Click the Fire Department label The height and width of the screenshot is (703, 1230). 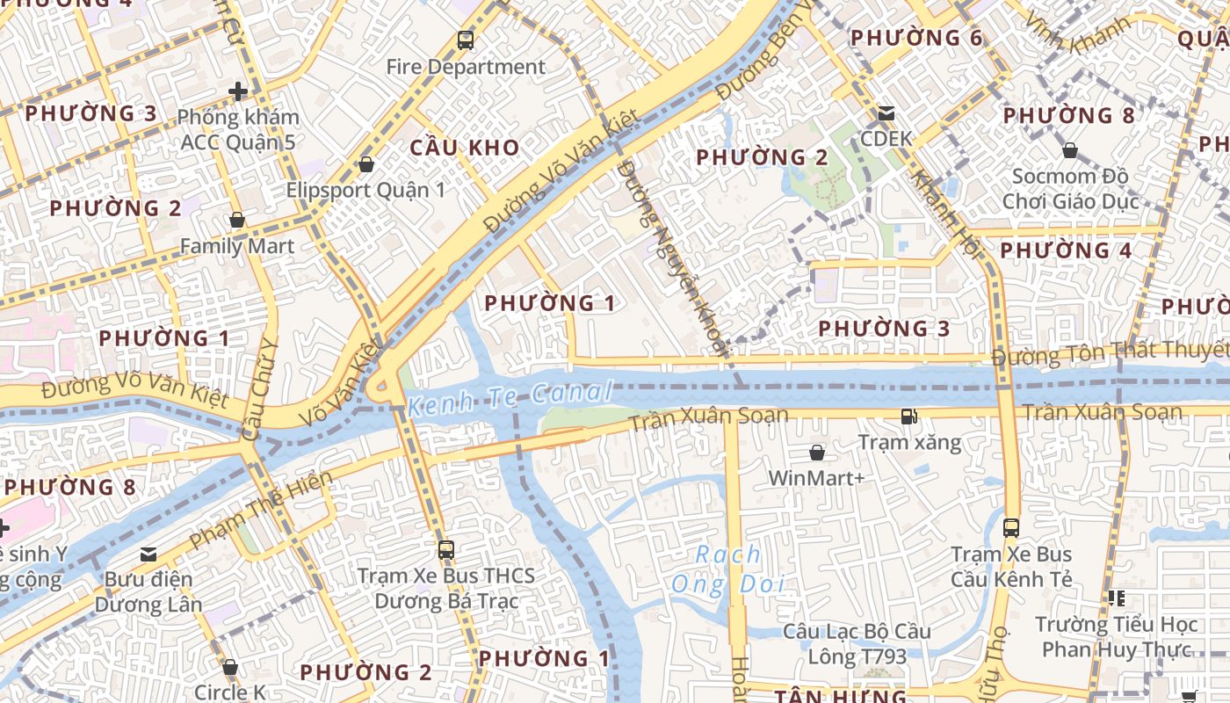466,67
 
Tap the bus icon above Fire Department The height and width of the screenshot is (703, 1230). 466,40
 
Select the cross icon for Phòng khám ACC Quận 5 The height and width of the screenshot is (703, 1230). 238,91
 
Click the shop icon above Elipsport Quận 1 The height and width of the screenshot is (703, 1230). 366,164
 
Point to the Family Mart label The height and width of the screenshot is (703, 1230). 237,246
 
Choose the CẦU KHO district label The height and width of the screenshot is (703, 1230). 465,148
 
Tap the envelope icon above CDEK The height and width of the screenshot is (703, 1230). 886,113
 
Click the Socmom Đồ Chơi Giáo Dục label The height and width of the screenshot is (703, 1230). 1070,189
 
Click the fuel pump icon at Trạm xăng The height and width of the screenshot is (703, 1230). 908,417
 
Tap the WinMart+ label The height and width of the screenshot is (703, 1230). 816,478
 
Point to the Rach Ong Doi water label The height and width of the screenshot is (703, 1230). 727,569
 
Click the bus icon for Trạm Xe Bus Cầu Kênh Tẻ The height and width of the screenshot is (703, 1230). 1011,527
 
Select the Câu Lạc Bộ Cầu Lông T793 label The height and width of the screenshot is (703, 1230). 857,644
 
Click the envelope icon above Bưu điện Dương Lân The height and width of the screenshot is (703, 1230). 148,554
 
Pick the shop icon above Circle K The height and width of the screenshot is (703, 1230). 230,667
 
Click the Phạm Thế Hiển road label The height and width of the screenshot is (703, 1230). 261,510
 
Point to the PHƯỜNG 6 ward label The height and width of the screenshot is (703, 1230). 916,38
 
